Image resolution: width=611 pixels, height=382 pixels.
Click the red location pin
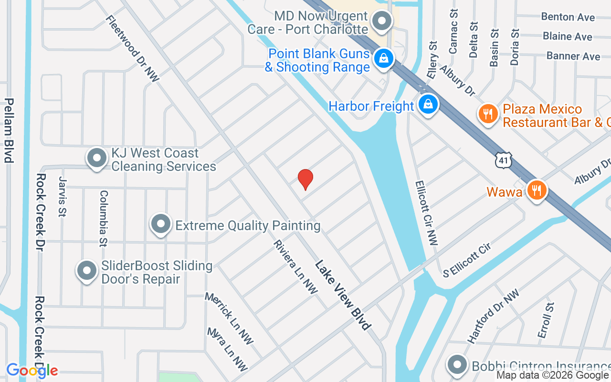pyautogui.click(x=305, y=179)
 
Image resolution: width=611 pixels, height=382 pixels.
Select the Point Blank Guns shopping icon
pyautogui.click(x=383, y=59)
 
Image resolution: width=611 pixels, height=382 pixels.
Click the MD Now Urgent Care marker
pyautogui.click(x=381, y=21)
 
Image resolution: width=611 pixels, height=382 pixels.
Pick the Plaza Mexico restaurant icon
pyautogui.click(x=487, y=115)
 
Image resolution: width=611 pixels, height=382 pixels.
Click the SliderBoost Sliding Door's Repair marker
pyautogui.click(x=87, y=271)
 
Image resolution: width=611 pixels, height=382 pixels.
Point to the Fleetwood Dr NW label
pyautogui.click(x=132, y=49)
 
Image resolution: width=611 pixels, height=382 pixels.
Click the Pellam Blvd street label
pyautogui.click(x=8, y=130)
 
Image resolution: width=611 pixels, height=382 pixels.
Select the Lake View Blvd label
pyautogui.click(x=342, y=295)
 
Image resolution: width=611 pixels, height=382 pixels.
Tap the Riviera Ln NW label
pyautogui.click(x=295, y=267)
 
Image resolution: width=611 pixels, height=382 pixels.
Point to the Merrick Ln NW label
pyautogui.click(x=229, y=318)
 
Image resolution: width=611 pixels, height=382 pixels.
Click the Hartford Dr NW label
pyautogui.click(x=493, y=317)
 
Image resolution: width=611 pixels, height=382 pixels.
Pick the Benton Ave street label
pyautogui.click(x=568, y=17)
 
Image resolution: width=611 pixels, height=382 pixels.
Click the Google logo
pyautogui.click(x=32, y=370)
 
